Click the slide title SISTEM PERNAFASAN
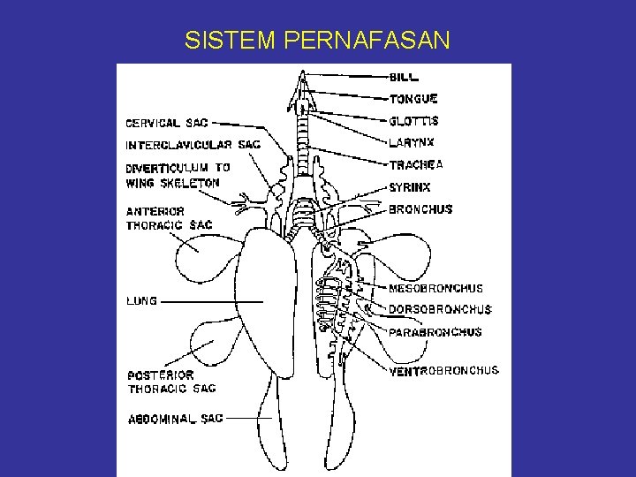click(x=317, y=40)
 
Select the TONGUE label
click(x=413, y=99)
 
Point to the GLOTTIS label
click(x=413, y=121)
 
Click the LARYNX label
click(x=412, y=142)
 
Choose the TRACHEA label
click(x=415, y=164)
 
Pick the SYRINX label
click(x=410, y=187)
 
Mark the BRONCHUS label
click(x=420, y=209)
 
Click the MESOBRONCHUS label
click(x=435, y=289)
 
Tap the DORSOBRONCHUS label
click(x=440, y=310)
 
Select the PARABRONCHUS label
click(x=435, y=332)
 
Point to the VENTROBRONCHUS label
click(x=443, y=371)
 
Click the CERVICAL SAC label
click(x=167, y=124)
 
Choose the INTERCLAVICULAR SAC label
click(x=193, y=145)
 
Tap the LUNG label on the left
click(x=141, y=301)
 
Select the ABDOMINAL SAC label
click(x=175, y=419)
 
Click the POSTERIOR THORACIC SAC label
click(x=171, y=382)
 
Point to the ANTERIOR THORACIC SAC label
click(x=169, y=218)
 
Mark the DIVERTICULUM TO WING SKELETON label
click(x=178, y=175)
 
